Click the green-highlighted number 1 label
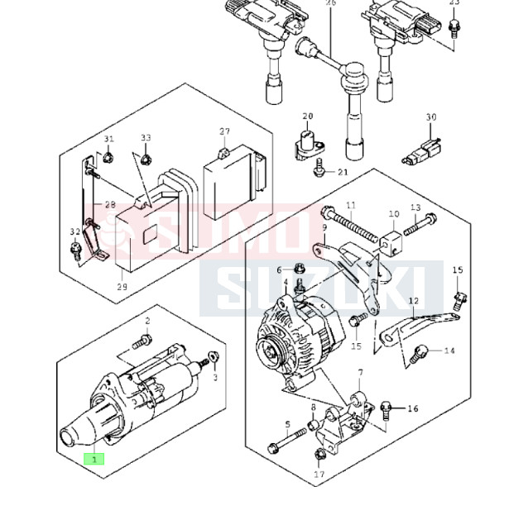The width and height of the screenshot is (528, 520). (94, 458)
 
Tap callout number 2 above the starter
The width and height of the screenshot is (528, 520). (147, 320)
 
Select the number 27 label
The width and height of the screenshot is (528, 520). (224, 132)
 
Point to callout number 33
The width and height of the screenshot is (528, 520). (146, 138)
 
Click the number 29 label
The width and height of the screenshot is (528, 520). (123, 286)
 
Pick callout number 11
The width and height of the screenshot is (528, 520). (350, 205)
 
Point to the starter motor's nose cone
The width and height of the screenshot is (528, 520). (77, 433)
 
